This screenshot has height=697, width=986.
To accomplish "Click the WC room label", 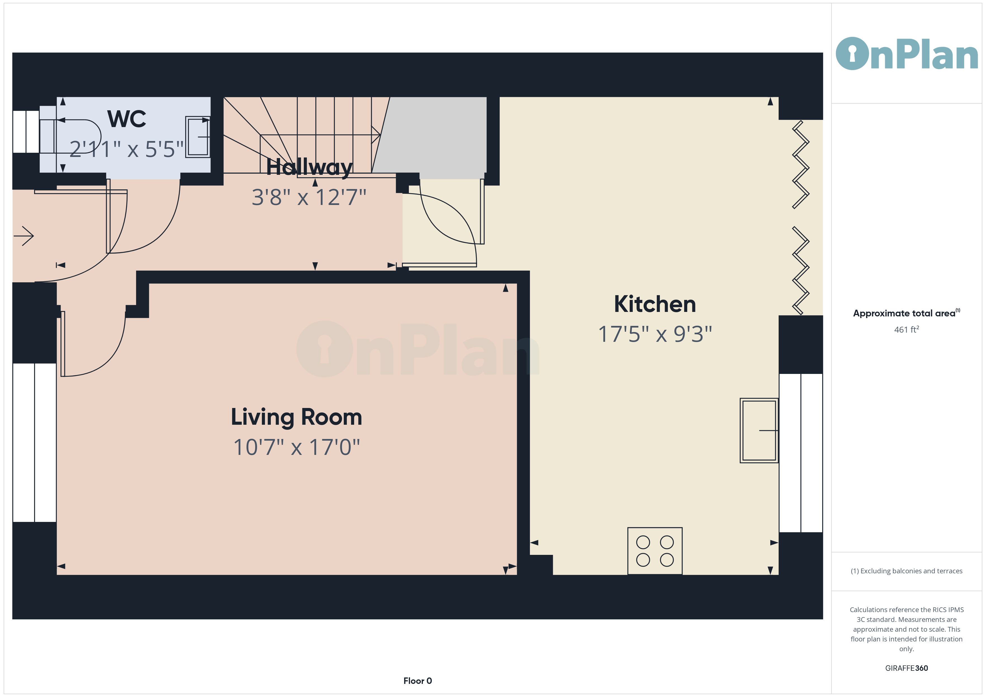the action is click(127, 119).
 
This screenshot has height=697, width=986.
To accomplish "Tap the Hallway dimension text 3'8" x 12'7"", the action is click(309, 197).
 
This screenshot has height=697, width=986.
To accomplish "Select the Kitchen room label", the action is click(655, 304).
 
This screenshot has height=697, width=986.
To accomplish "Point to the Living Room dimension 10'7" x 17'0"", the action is click(296, 447).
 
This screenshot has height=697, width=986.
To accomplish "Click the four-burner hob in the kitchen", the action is click(655, 551).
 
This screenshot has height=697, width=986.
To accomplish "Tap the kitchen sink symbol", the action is click(759, 431).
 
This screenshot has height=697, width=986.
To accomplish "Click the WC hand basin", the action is click(198, 137).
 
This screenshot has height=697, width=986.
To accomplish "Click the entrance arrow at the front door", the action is click(24, 236).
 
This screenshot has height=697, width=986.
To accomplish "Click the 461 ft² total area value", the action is click(906, 330).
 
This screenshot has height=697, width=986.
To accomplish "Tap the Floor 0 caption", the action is click(418, 681).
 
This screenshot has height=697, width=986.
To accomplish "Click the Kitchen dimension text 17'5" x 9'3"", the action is click(655, 334).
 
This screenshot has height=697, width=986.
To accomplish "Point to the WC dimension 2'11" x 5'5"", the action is click(127, 149).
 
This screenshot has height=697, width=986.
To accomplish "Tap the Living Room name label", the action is click(296, 417).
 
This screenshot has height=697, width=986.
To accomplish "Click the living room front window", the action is click(34, 443).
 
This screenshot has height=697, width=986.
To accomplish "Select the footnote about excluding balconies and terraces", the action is click(906, 571).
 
